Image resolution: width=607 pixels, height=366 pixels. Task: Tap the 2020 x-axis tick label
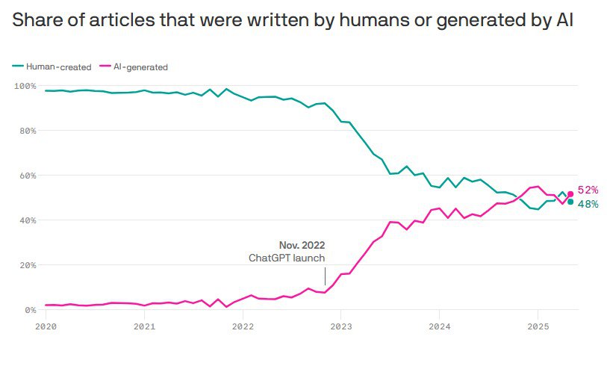[x=46, y=326]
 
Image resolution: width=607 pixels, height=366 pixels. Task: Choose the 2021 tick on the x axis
[x=144, y=326]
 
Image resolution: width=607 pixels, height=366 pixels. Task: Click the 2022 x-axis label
[x=243, y=326]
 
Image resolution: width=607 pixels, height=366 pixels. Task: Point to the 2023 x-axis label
[x=341, y=326]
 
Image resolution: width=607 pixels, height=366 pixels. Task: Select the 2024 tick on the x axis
[x=440, y=326]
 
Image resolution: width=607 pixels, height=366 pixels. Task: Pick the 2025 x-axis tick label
[x=538, y=326]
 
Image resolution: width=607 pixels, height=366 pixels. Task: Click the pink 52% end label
[x=588, y=190]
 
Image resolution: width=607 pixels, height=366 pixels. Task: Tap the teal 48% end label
[x=588, y=204]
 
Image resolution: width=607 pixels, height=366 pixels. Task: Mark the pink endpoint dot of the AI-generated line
[x=570, y=194]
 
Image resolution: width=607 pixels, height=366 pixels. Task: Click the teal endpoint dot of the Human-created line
[x=570, y=202]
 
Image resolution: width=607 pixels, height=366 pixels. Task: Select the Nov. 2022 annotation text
[x=302, y=245]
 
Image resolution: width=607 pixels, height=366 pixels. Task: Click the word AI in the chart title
[x=564, y=21]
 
